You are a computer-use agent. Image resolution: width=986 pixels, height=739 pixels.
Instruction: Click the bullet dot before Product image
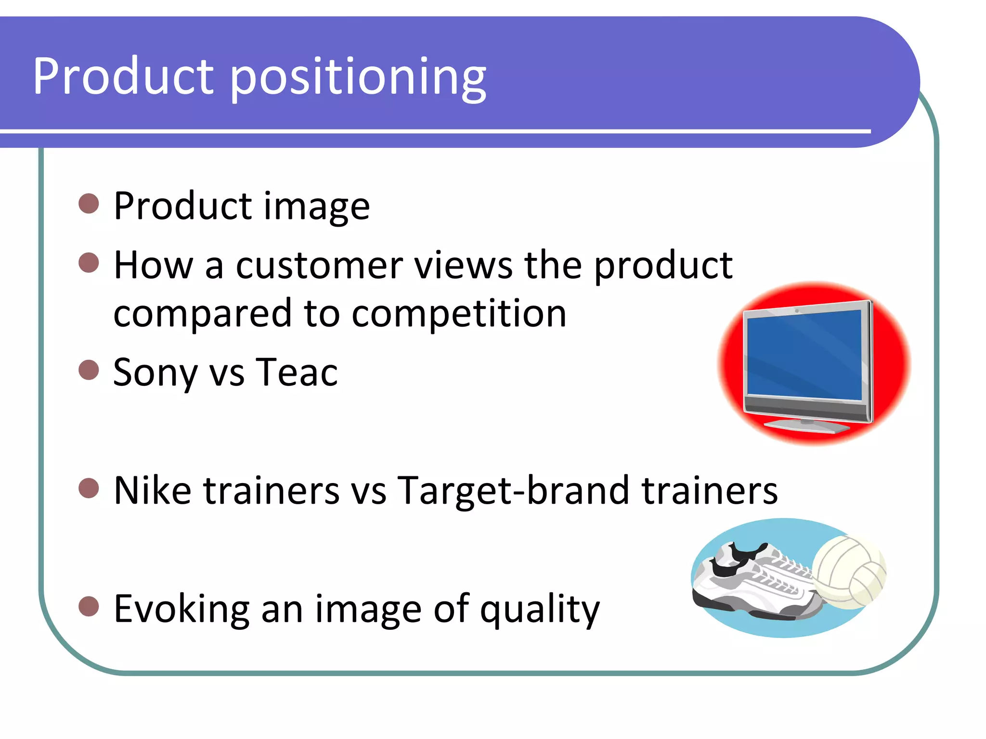pyautogui.click(x=89, y=204)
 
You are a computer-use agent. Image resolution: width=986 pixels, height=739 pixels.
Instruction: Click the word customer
pyautogui.click(x=319, y=266)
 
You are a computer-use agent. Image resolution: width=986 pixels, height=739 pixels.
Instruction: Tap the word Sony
pyautogui.click(x=155, y=373)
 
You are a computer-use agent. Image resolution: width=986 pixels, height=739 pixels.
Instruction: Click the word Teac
pyautogui.click(x=297, y=372)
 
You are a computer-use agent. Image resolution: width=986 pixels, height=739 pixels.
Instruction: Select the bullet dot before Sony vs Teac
pyautogui.click(x=89, y=370)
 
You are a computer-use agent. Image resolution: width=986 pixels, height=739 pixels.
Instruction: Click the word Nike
pyautogui.click(x=152, y=491)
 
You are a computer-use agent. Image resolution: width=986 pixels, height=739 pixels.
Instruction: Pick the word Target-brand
pyautogui.click(x=513, y=491)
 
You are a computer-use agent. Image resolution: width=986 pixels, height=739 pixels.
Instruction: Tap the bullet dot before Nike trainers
pyautogui.click(x=89, y=488)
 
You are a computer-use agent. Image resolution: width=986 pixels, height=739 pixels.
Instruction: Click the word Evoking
pyautogui.click(x=182, y=609)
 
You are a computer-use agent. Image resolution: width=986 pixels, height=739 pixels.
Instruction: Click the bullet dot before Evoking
pyautogui.click(x=89, y=606)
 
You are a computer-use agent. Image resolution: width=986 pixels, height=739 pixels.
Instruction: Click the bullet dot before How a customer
pyautogui.click(x=89, y=263)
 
